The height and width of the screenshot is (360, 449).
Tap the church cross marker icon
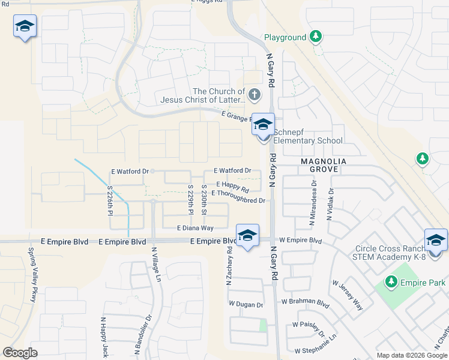255,94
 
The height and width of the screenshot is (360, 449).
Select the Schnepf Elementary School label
308,136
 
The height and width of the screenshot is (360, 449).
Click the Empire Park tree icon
391,281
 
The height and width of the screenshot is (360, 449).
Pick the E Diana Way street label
195,228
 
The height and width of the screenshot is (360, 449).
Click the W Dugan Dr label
246,305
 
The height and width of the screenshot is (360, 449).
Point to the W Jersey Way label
348,295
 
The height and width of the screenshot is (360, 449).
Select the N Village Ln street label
156,265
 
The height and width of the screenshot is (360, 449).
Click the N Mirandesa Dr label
313,206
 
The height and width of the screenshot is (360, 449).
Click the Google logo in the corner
20,352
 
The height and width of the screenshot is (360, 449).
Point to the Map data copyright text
411,355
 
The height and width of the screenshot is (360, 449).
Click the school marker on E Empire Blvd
247,236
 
